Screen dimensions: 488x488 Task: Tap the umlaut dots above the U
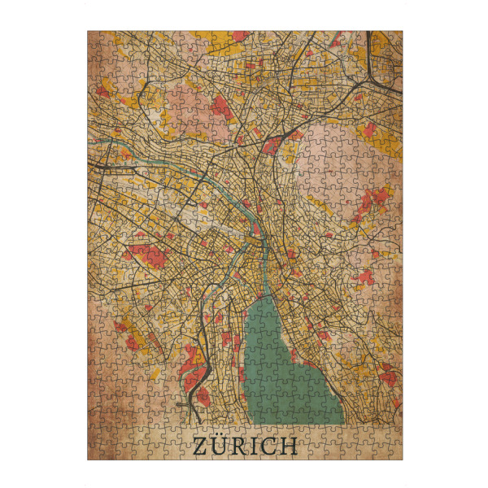220,438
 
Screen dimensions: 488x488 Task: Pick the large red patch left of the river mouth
146,255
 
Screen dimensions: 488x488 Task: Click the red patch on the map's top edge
238,36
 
